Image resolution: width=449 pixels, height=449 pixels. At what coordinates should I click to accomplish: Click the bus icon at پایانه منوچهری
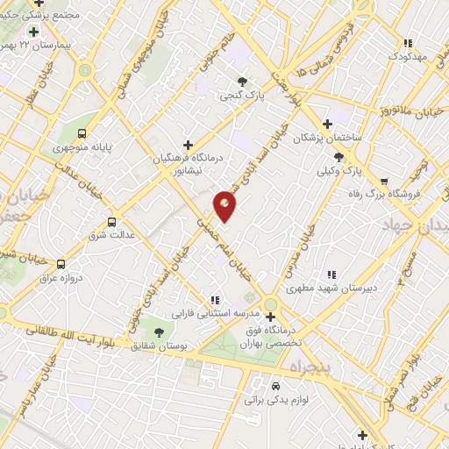tap(82, 134)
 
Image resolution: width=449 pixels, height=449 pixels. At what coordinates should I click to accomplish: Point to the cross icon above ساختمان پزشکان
tap(328, 125)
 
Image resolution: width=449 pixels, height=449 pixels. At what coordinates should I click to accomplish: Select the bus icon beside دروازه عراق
tap(61, 263)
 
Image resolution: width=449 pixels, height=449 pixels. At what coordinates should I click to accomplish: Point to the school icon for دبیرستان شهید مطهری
tap(331, 274)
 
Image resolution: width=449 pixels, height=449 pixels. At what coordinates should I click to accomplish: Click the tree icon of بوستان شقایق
tap(159, 332)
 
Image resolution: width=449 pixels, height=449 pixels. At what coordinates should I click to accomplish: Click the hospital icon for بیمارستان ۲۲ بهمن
tap(33, 32)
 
